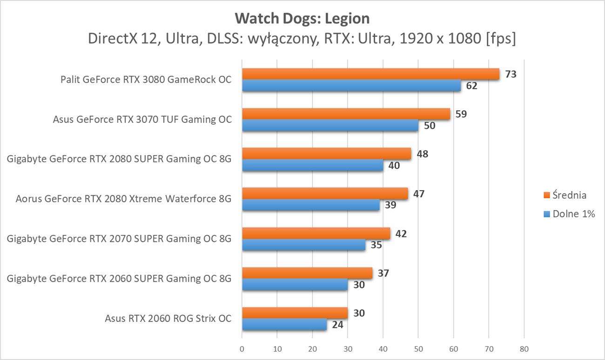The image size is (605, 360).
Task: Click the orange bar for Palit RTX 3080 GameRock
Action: (370, 74)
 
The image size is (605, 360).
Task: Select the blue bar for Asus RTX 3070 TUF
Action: (329, 126)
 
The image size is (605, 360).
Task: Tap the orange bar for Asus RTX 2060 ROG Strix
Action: (295, 313)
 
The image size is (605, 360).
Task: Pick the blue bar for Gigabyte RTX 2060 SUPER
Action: (295, 285)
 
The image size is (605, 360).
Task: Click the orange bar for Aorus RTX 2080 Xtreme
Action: (324, 193)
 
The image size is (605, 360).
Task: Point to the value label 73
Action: (511, 74)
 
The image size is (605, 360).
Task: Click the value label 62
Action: (471, 86)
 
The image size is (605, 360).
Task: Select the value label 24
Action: (337, 325)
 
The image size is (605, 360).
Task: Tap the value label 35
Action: (376, 245)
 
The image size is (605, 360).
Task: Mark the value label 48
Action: (422, 154)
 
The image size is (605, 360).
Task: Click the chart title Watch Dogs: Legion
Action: (302, 19)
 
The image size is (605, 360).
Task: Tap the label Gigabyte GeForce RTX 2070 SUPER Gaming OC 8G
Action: (119, 239)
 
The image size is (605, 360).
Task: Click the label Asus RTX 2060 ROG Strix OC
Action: (168, 319)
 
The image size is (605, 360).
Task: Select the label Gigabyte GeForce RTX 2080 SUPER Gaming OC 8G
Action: (119, 160)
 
